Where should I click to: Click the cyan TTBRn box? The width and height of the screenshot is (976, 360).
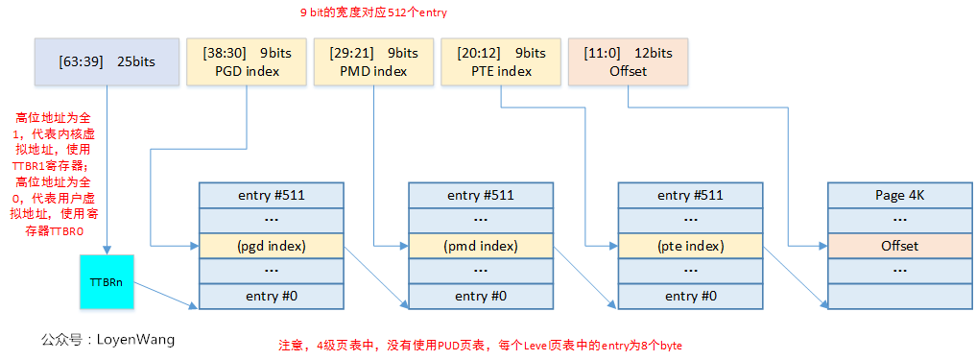click(x=106, y=282)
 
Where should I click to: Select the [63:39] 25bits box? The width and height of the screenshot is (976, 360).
click(x=106, y=61)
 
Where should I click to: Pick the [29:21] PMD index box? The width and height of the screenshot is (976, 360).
click(x=372, y=61)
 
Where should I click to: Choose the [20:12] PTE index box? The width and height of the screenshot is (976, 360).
click(x=500, y=61)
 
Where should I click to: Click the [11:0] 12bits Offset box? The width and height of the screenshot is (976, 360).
click(x=628, y=61)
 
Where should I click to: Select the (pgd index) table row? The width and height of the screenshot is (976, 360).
click(x=271, y=246)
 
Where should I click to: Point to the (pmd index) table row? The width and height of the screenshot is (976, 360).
click(x=481, y=246)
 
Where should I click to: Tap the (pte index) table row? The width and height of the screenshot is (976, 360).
click(x=690, y=246)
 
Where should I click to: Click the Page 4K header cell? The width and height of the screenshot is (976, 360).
click(x=899, y=195)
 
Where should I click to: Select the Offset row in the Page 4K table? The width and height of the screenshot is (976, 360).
click(x=899, y=246)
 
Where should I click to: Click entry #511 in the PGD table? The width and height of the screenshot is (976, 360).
click(x=271, y=195)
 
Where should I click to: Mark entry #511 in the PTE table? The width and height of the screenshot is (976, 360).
click(x=690, y=195)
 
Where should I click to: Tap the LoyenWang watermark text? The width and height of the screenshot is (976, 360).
click(x=107, y=340)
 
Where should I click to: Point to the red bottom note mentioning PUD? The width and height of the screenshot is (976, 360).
click(x=479, y=345)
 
